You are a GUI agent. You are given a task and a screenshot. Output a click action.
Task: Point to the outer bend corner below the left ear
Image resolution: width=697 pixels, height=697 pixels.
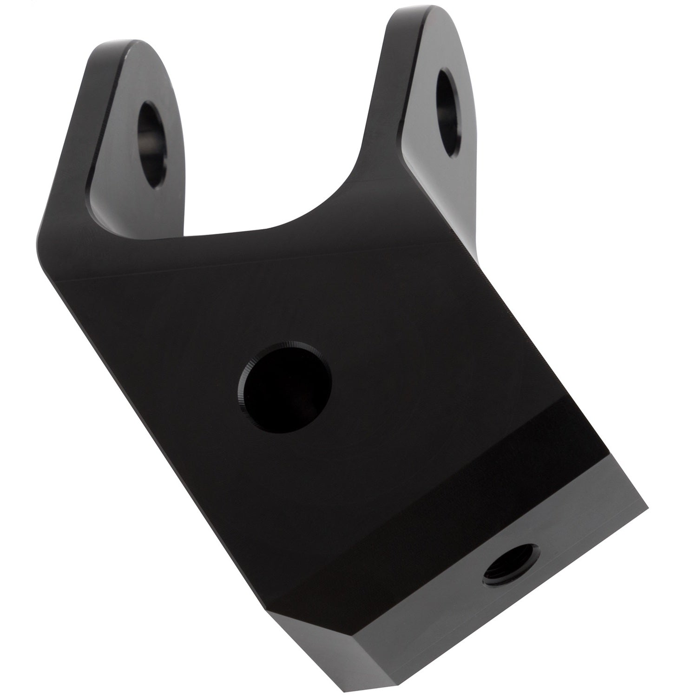(x=39, y=232)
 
